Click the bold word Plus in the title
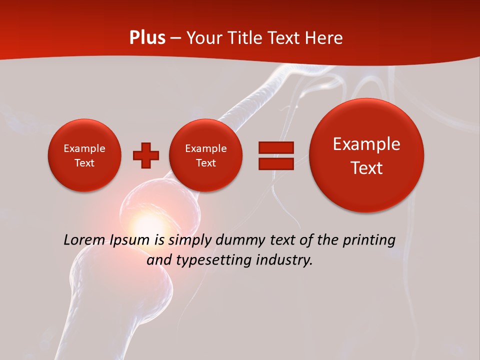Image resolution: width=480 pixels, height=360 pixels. click(147, 38)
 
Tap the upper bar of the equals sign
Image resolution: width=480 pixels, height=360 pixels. click(275, 148)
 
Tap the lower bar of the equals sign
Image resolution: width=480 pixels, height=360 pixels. click(275, 164)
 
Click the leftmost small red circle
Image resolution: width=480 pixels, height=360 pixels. click(84, 155)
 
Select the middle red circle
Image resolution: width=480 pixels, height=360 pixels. click(205, 155)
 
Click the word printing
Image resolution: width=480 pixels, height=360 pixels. click(369, 240)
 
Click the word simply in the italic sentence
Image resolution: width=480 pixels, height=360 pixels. click(187, 240)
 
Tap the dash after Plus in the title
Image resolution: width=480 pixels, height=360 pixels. click(175, 38)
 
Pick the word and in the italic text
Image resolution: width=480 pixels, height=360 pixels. click(157, 260)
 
